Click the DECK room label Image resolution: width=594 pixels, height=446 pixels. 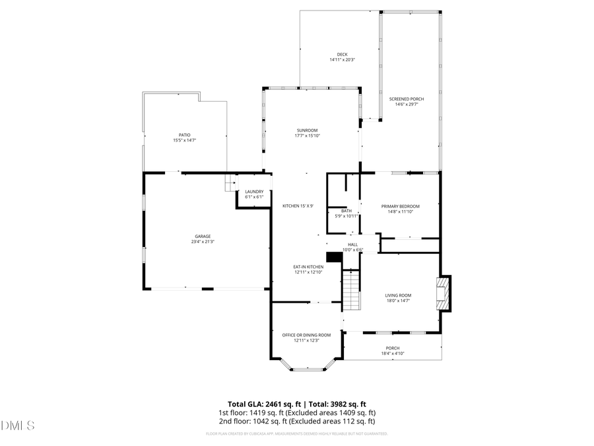click(342, 55)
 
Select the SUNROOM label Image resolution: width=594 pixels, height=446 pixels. click(306, 130)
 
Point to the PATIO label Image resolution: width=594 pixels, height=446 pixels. click(184, 135)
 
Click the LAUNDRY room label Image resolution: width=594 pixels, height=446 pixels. click(254, 192)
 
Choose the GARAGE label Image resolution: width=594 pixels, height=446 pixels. click(203, 236)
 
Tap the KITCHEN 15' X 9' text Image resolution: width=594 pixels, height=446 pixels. click(298, 206)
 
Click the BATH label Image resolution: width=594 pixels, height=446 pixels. click(346, 211)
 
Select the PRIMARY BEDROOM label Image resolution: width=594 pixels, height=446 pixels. click(400, 206)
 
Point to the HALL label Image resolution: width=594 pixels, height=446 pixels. click(352, 244)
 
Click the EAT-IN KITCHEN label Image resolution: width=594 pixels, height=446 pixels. click(308, 267)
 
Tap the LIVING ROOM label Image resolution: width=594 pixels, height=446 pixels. click(398, 295)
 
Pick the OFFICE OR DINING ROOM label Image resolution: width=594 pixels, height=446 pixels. click(306, 335)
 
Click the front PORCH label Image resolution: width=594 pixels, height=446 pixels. click(392, 348)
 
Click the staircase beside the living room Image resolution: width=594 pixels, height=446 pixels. click(351, 289)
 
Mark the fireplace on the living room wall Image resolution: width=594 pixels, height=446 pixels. click(444, 293)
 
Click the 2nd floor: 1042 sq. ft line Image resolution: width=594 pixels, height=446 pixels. click(296, 421)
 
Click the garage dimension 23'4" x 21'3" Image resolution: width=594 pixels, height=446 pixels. click(203, 242)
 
